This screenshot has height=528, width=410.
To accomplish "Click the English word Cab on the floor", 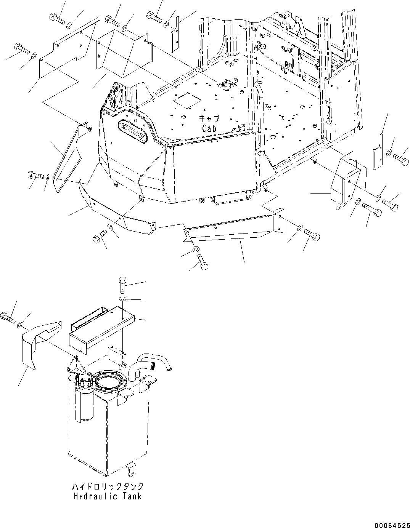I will click(209, 128).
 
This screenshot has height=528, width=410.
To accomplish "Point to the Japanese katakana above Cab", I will click(209, 119).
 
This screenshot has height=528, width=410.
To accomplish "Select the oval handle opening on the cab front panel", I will click(131, 130).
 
